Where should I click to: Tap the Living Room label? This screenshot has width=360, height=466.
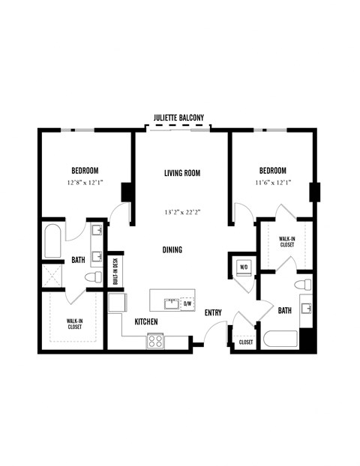[182, 173]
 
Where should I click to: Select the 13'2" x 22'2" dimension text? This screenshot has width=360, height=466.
[182, 212]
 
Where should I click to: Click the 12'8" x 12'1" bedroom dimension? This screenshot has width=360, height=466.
[85, 183]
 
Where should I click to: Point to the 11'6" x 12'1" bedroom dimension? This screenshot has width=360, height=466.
[273, 183]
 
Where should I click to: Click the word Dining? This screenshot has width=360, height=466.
[172, 249]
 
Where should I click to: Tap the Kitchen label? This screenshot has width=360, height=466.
[145, 321]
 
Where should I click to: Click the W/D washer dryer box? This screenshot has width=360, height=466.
[244, 267]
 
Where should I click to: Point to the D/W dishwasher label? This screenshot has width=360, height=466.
[187, 303]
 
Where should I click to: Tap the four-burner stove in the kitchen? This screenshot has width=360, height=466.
[155, 339]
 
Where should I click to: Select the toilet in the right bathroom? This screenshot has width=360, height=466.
[303, 285]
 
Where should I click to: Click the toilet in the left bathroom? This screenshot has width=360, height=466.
[92, 279]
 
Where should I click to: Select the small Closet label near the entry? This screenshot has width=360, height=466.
[246, 342]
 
